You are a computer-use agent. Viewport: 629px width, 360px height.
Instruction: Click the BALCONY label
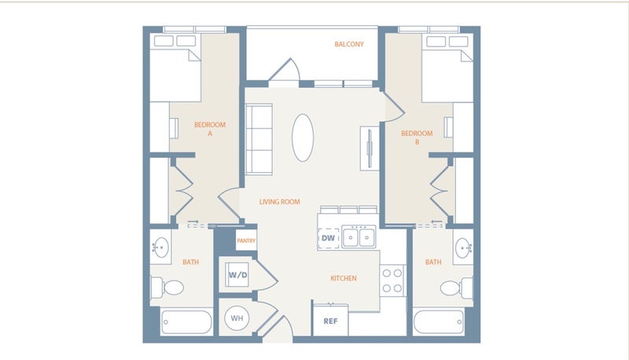tap(349, 44)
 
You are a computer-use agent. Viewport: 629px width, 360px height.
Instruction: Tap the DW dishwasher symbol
tap(329, 238)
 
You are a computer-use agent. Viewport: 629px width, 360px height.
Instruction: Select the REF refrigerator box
tap(330, 321)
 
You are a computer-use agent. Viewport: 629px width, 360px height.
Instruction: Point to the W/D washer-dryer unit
tap(237, 274)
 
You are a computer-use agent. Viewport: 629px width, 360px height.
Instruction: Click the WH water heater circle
tap(237, 318)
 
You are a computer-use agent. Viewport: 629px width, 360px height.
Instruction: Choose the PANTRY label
tap(246, 241)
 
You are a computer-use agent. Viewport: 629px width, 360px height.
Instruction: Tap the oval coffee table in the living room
tap(303, 138)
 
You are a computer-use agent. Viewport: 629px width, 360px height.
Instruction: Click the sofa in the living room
tap(259, 139)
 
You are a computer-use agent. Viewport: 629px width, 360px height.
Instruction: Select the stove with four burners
tap(392, 281)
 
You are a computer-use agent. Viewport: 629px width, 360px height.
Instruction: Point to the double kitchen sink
tap(359, 237)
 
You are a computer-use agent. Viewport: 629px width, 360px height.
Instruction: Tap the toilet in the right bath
tap(457, 288)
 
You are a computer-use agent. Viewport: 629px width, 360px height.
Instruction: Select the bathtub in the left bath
tap(186, 321)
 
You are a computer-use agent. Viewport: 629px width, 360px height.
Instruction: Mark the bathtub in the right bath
tap(439, 321)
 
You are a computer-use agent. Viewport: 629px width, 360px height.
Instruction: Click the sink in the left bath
tap(161, 248)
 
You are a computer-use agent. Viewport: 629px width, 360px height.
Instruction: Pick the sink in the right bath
tap(463, 248)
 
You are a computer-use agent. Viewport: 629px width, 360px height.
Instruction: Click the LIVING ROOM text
tap(280, 202)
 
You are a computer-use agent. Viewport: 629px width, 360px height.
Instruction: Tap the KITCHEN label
tap(344, 278)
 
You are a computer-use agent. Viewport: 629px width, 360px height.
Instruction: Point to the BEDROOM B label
tap(417, 138)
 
